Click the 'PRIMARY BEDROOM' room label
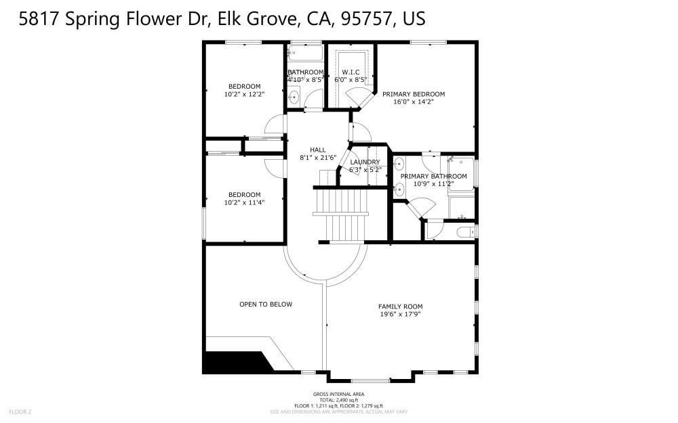coord(413,94)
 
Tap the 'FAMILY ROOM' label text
coord(400,307)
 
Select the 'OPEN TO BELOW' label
coord(266,305)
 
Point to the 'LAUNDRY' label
coord(365,162)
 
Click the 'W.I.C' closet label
coord(351,72)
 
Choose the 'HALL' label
coord(318,150)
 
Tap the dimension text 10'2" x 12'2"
coord(244,94)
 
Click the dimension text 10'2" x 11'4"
coord(244,202)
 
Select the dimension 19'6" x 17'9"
coord(400,314)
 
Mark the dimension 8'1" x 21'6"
coord(318,158)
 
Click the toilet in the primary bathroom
coord(465,233)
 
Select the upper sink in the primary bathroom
coord(399,163)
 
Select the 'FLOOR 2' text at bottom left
coord(20,411)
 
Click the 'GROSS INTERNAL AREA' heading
coord(338,394)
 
